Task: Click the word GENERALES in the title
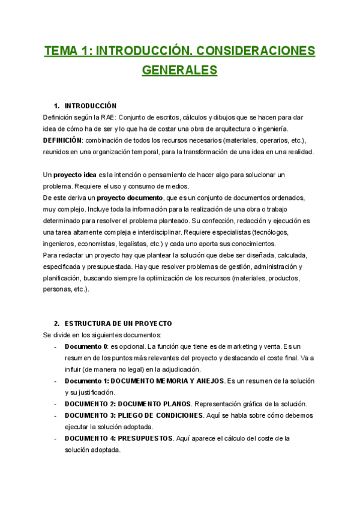click(179, 70)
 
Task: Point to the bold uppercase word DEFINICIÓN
click(62, 140)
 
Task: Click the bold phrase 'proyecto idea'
click(75, 175)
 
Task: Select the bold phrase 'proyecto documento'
click(130, 197)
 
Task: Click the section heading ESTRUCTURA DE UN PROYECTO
click(118, 324)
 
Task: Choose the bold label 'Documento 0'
click(86, 347)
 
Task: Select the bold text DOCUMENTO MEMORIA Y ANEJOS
click(168, 381)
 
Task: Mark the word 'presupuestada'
click(98, 267)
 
